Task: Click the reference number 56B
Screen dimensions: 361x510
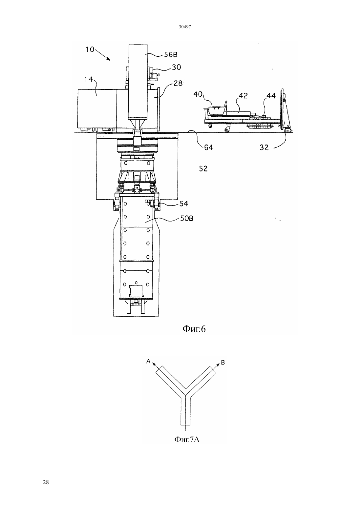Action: (171, 55)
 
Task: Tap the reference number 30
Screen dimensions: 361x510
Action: (177, 67)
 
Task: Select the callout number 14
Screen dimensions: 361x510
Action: (88, 79)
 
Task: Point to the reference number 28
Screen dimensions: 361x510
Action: (178, 83)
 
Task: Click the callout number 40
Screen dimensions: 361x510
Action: (198, 94)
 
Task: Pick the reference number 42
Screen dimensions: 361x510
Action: (243, 96)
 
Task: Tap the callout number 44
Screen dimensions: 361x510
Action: (271, 96)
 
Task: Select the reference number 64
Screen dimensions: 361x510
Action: (208, 147)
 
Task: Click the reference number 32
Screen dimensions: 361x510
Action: (264, 147)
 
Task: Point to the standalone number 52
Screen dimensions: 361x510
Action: (203, 169)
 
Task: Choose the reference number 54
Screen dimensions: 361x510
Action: (184, 204)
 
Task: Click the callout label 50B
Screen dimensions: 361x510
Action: (187, 219)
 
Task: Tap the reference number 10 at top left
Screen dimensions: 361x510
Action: (90, 49)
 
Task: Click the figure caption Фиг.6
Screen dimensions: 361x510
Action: (194, 329)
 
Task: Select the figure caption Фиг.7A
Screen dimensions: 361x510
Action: (187, 440)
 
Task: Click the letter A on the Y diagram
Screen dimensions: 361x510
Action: (148, 361)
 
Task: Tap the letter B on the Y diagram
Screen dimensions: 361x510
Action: (223, 362)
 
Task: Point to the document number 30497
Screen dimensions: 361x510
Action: (185, 27)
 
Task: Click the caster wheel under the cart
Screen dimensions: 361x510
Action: (227, 129)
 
